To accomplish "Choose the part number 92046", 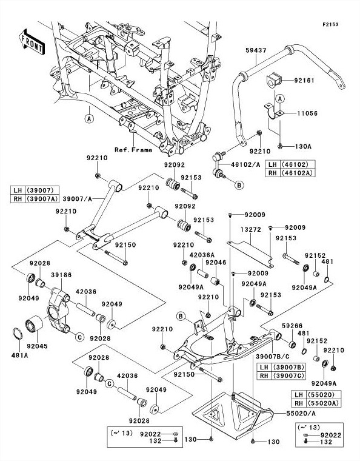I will pyautogui.click(x=216, y=263).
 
